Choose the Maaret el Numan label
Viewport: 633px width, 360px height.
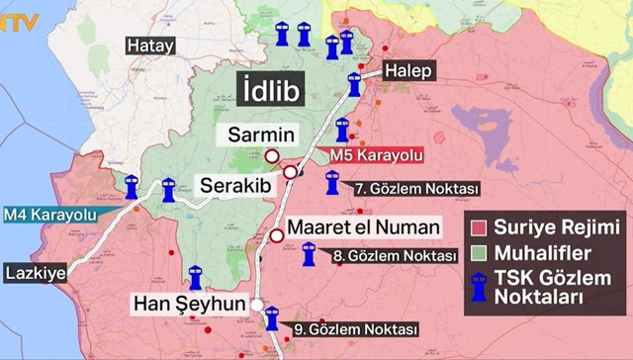tap(363, 227)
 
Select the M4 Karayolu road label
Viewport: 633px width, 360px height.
tap(48, 214)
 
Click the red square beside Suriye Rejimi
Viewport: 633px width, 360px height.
tap(481, 225)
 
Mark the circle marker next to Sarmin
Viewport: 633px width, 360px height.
tap(272, 155)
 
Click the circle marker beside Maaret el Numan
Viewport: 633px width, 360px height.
tap(277, 235)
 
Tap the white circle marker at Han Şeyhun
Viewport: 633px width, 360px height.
tap(257, 305)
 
